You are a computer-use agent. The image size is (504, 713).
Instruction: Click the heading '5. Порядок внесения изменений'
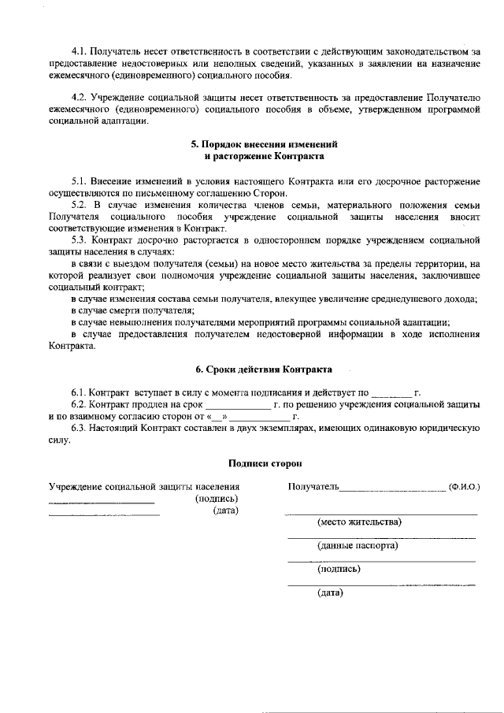pyautogui.click(x=264, y=146)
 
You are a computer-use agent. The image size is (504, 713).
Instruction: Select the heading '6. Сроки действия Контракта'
pyautogui.click(x=264, y=369)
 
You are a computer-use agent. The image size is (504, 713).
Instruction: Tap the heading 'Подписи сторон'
pyautogui.click(x=264, y=464)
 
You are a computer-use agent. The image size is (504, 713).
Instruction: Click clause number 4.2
pyautogui.click(x=80, y=97)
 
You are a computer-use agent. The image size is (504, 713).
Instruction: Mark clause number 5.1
pyautogui.click(x=80, y=183)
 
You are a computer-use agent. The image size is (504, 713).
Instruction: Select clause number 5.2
pyautogui.click(x=80, y=205)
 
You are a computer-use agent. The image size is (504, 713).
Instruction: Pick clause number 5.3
pyautogui.click(x=80, y=239)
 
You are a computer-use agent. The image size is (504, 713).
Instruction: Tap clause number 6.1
pyautogui.click(x=80, y=392)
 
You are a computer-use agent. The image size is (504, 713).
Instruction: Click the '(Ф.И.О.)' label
pyautogui.click(x=464, y=488)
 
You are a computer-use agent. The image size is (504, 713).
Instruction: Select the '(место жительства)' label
pyautogui.click(x=359, y=522)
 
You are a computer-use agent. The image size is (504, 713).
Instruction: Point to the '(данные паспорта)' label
pyautogui.click(x=357, y=545)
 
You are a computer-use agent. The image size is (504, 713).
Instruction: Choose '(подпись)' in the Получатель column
pyautogui.click(x=339, y=569)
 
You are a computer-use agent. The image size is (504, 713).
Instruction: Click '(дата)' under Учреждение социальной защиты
pyautogui.click(x=225, y=511)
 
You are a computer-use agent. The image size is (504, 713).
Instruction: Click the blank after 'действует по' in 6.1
pyautogui.click(x=391, y=392)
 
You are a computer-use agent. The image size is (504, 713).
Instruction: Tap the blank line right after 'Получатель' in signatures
pyautogui.click(x=392, y=488)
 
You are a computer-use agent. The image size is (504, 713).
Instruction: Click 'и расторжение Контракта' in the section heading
pyautogui.click(x=264, y=157)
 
